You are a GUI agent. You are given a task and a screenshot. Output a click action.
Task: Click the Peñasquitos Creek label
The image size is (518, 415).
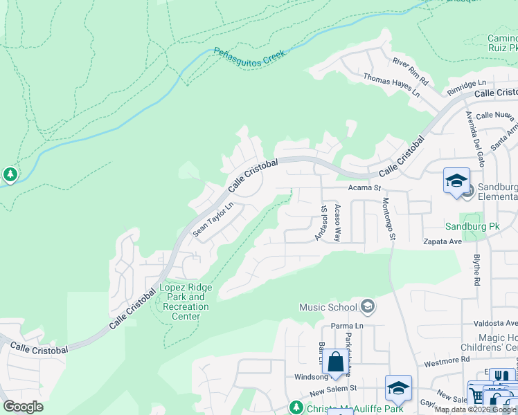[x=249, y=52]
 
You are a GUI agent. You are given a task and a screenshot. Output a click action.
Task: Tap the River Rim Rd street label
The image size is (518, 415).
[x=411, y=71]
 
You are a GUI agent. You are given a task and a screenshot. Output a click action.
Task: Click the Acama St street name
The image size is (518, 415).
[x=364, y=187]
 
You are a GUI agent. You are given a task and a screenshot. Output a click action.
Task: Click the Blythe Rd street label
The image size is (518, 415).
[x=476, y=267]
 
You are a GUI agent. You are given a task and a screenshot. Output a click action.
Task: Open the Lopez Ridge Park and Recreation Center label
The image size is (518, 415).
[x=186, y=302]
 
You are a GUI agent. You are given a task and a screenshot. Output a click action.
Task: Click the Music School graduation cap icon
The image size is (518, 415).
[x=367, y=306]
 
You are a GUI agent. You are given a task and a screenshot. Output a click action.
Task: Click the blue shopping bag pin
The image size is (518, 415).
[x=335, y=361]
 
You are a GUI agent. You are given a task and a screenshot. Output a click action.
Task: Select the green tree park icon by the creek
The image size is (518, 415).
[x=10, y=174]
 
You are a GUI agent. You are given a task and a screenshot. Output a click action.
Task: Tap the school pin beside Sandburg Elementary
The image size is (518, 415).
[x=456, y=181]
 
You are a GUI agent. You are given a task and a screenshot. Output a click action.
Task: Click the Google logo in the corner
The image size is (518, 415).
[x=23, y=407]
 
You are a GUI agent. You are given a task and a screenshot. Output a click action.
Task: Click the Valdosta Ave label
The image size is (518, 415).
[x=495, y=323]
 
